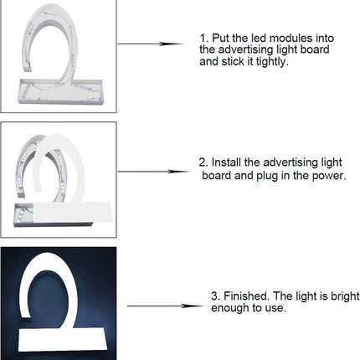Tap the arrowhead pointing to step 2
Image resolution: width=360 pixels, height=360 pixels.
click(x=178, y=172)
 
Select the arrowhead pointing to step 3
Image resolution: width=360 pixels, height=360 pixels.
click(x=193, y=306)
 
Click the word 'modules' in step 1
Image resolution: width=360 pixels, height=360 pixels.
click(x=291, y=38)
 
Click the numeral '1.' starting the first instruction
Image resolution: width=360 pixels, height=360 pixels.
click(x=204, y=38)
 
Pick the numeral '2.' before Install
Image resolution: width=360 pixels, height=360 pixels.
click(x=203, y=162)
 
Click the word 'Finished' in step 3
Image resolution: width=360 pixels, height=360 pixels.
click(x=247, y=296)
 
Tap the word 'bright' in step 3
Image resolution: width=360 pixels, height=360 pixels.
click(x=345, y=296)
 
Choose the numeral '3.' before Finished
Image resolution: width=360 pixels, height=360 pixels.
click(x=216, y=296)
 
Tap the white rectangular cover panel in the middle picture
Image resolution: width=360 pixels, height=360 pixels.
click(x=73, y=212)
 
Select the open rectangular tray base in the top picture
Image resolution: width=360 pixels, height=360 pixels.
click(x=61, y=91)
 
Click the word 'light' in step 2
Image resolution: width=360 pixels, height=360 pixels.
click(x=332, y=162)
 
